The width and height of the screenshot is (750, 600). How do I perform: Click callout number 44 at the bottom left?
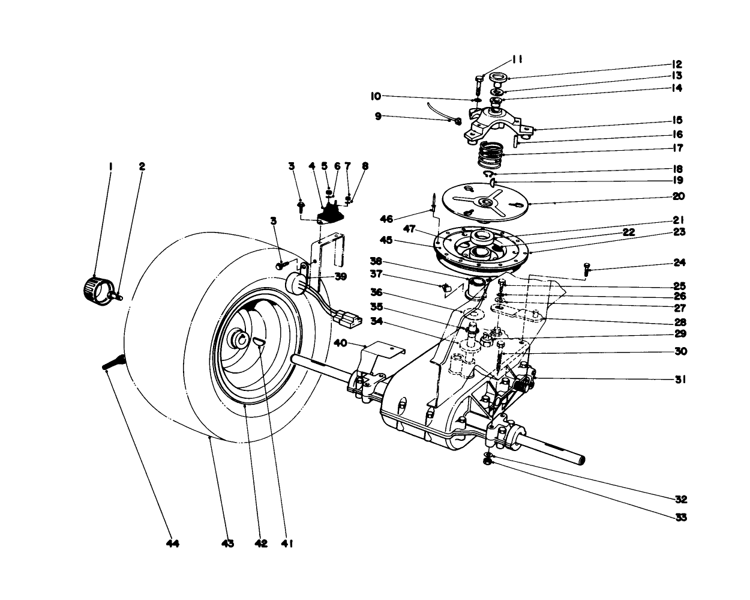click(x=173, y=544)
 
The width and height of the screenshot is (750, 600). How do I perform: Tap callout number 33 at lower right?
click(x=680, y=517)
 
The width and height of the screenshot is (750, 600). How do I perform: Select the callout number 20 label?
click(x=678, y=196)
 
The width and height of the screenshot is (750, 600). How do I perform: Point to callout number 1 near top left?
click(x=110, y=166)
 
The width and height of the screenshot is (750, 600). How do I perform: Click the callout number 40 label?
click(x=340, y=343)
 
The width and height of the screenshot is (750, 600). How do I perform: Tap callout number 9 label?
click(x=379, y=117)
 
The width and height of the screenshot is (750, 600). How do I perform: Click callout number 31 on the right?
click(x=680, y=380)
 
